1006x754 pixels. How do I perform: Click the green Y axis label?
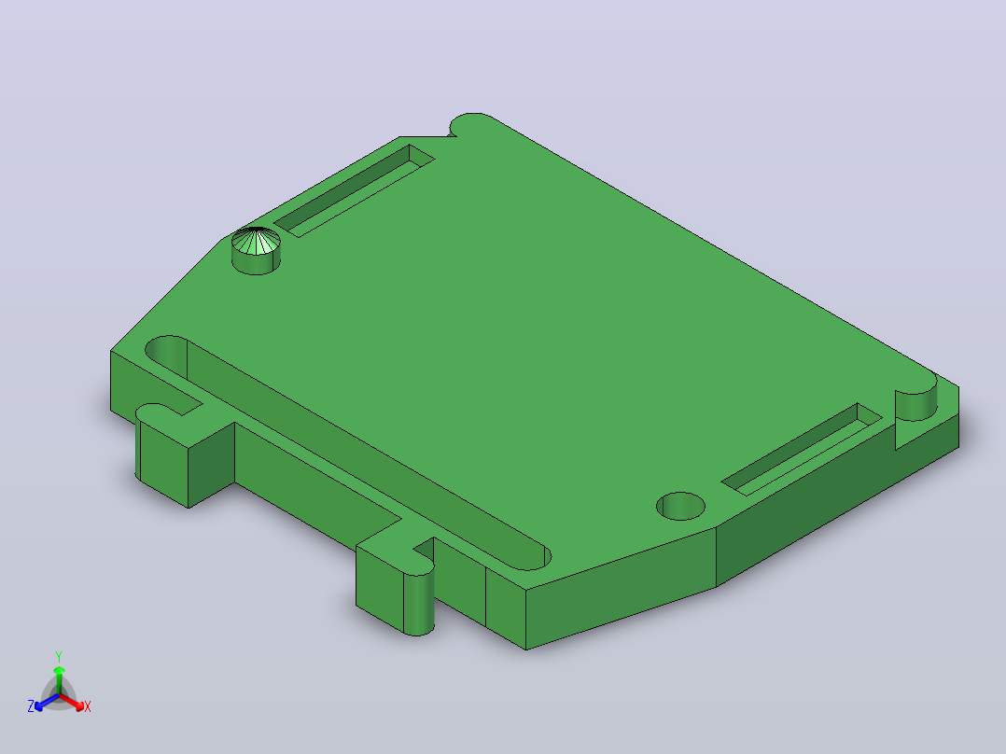pos(59,656)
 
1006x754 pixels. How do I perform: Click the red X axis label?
pos(88,706)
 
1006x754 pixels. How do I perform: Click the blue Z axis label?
pos(31,705)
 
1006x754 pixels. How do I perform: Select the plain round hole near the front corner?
pos(680,506)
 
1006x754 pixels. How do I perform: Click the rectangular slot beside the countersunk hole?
pos(355,190)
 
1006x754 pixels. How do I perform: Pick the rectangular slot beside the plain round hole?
pos(802,449)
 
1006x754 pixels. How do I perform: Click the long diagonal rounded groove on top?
pos(346,453)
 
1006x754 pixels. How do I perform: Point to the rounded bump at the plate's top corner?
pos(471,123)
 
